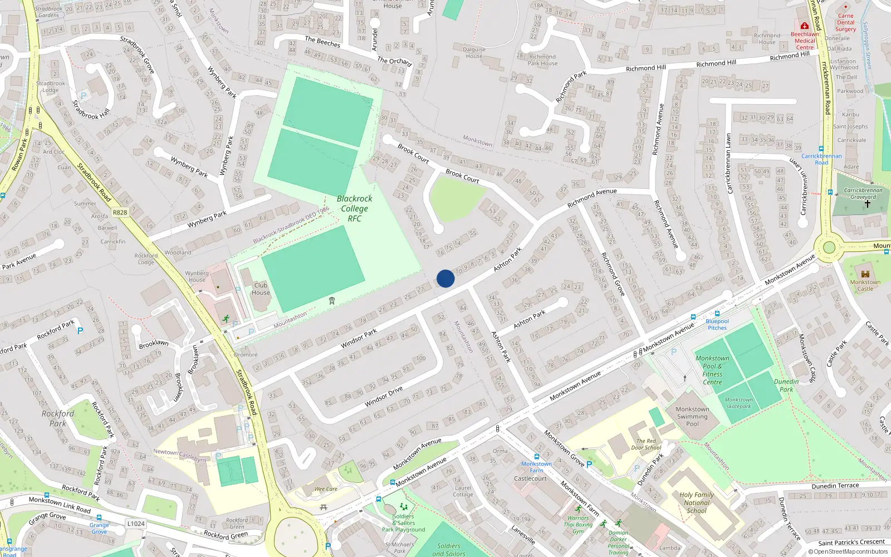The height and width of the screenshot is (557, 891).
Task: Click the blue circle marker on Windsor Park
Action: coord(445,278)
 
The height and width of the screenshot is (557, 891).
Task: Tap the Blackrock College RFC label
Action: coord(355,208)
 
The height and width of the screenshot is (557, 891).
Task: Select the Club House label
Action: coord(261,289)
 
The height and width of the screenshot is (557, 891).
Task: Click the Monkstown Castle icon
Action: coord(865,273)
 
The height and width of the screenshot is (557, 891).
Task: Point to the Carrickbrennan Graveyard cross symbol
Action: coord(867,204)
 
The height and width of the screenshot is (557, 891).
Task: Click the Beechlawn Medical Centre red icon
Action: coord(804,26)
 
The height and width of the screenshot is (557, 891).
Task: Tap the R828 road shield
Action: coord(120,212)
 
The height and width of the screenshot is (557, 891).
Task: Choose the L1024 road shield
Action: coord(136,524)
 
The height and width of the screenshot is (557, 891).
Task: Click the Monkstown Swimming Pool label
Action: coord(692,416)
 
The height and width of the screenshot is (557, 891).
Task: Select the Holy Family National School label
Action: coord(697,502)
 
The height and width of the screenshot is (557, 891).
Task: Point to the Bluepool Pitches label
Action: coord(717,324)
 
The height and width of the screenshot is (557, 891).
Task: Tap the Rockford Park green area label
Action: coord(58,418)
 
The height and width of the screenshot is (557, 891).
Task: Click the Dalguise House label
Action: coord(474,52)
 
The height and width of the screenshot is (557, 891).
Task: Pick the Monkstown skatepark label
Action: coord(738,403)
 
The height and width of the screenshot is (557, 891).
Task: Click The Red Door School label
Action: coord(646,444)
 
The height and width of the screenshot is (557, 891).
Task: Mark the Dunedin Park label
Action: coord(786,385)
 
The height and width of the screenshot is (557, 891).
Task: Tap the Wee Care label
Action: coord(326,489)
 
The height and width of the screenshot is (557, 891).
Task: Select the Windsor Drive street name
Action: coord(384,397)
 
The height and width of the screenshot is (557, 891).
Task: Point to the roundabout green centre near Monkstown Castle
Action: coord(829,247)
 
